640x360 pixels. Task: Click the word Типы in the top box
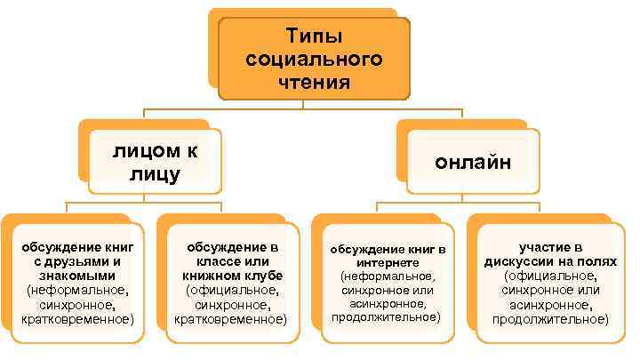pyautogui.click(x=314, y=36)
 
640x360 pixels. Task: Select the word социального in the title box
pyautogui.click(x=314, y=60)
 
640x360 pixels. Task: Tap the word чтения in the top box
pyautogui.click(x=314, y=83)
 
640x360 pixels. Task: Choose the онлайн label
pyautogui.click(x=473, y=162)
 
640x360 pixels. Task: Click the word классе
pyautogui.click(x=208, y=261)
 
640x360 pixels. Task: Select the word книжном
pyautogui.click(x=211, y=276)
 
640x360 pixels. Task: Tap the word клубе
pyautogui.click(x=261, y=276)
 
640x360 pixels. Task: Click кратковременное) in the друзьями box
pyautogui.click(x=78, y=317)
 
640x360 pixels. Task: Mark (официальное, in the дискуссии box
pyautogui.click(x=550, y=276)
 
